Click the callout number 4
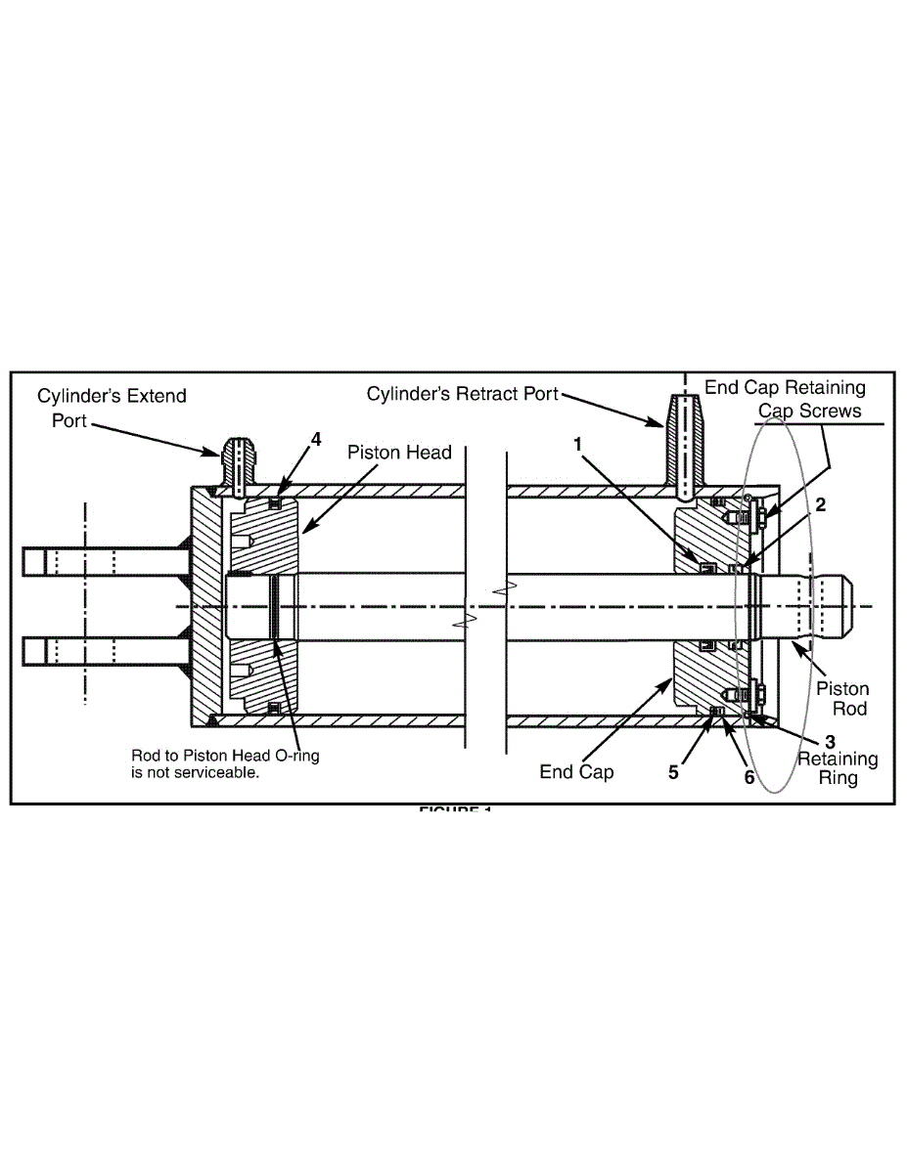(x=316, y=440)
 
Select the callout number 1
(x=578, y=444)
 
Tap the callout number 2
(x=821, y=505)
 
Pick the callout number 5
(x=673, y=771)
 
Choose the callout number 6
(x=748, y=777)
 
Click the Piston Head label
(x=399, y=453)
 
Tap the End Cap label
(x=577, y=771)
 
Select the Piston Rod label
(x=842, y=699)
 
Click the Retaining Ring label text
(x=838, y=768)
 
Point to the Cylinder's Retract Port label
(x=462, y=394)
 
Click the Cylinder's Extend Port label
(x=112, y=408)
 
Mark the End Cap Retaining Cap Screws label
(x=785, y=399)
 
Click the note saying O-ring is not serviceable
(x=225, y=762)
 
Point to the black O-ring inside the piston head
(x=275, y=606)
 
